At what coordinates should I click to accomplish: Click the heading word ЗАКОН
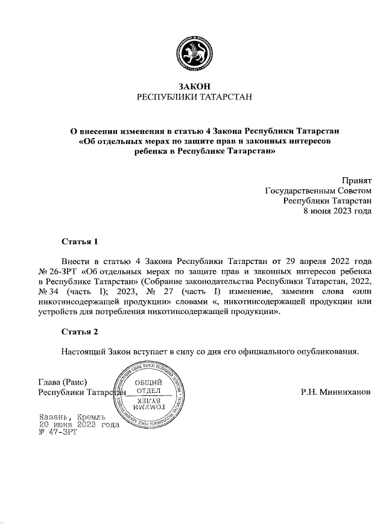[193, 86]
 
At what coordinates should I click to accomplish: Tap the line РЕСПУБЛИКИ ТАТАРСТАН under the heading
[193, 97]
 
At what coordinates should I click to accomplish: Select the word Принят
[356, 180]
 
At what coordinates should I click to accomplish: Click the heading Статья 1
[80, 242]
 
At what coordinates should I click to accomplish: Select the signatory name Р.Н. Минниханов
[336, 392]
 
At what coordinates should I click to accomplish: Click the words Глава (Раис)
[63, 382]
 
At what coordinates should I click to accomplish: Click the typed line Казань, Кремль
[72, 417]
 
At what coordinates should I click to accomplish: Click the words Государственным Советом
[318, 190]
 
